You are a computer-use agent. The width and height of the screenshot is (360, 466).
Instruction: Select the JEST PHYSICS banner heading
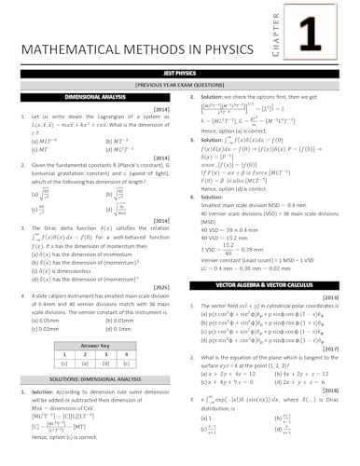180,71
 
